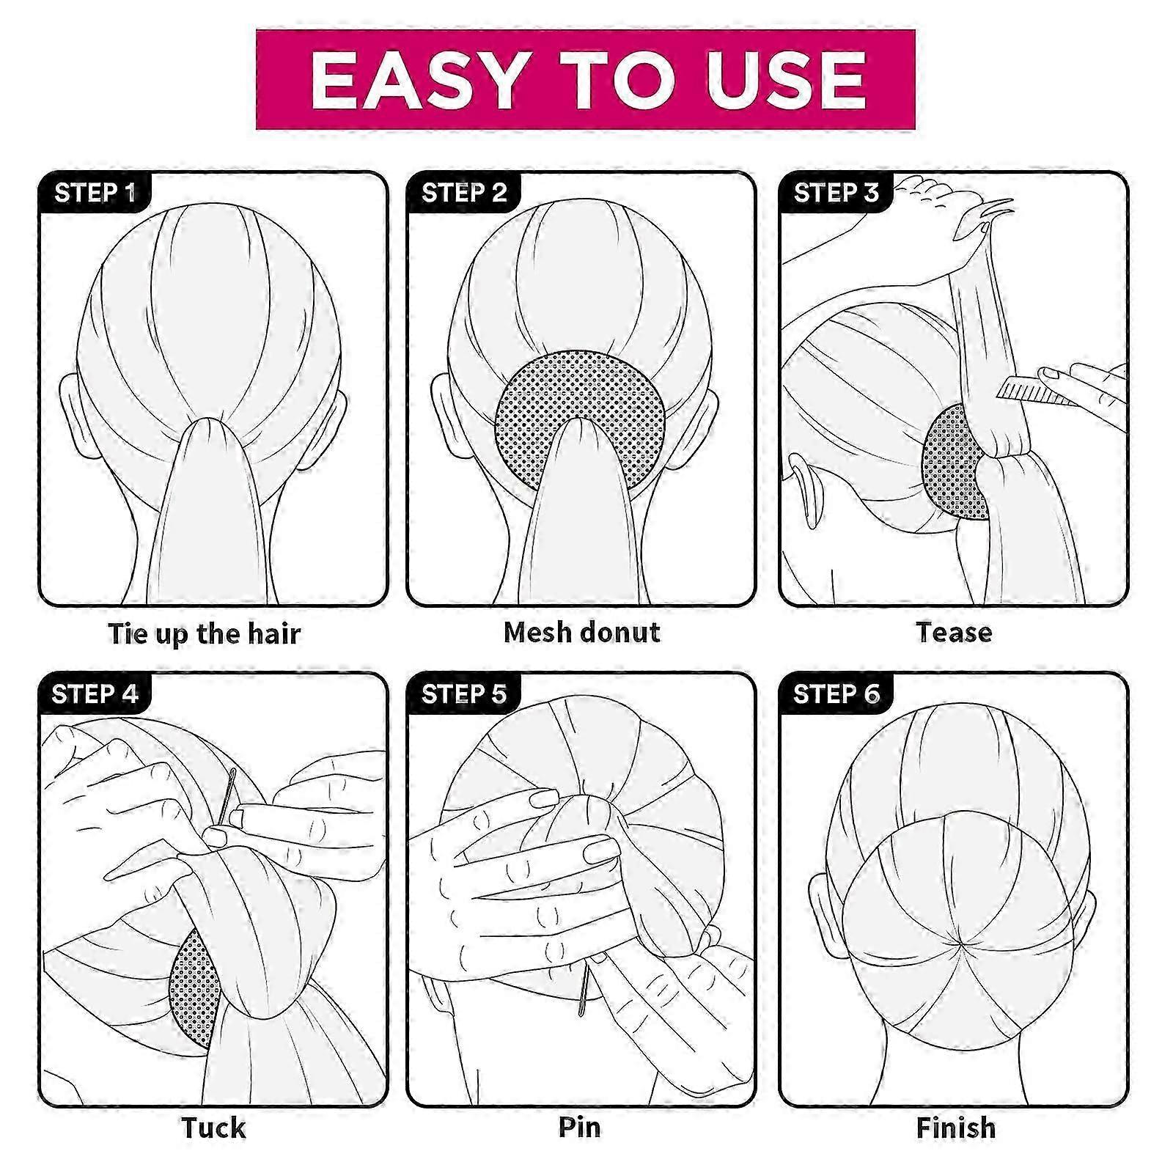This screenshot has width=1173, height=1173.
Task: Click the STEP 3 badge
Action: click(x=836, y=193)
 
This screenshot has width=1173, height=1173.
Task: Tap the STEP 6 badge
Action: click(x=836, y=694)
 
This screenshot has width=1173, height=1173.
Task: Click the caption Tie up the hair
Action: click(x=204, y=634)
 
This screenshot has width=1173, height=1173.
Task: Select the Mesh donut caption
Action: click(x=582, y=632)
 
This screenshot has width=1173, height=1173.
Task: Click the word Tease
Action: click(x=954, y=632)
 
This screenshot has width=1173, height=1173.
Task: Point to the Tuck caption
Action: click(x=213, y=1128)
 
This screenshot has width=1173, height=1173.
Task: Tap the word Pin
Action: click(x=580, y=1126)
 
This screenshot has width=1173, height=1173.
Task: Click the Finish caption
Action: click(x=956, y=1127)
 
